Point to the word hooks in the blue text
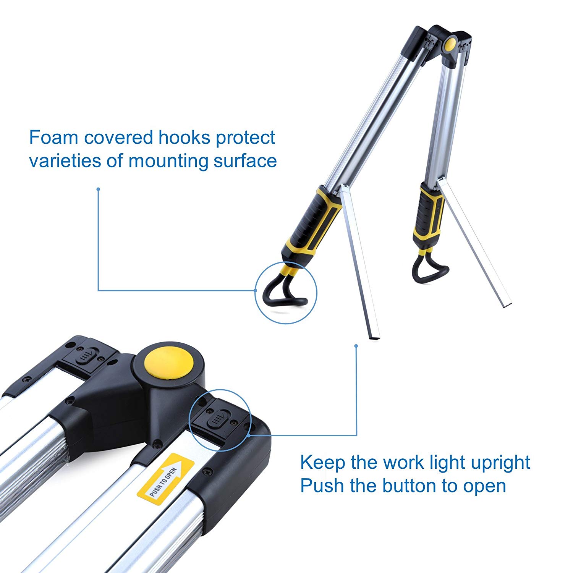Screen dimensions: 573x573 [x=184, y=138]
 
